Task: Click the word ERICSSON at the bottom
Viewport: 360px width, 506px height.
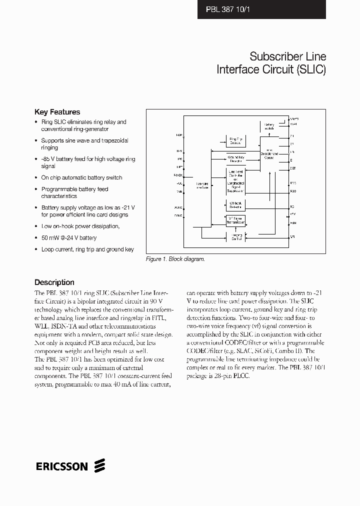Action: (62, 466)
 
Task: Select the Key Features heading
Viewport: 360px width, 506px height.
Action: (57, 112)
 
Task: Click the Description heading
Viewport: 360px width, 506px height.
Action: (54, 282)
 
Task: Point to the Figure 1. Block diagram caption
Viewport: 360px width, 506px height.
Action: (175, 259)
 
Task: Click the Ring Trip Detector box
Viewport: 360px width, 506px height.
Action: (235, 141)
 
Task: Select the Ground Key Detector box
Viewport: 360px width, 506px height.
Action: (235, 158)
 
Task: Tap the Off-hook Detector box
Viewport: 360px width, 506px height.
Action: (235, 205)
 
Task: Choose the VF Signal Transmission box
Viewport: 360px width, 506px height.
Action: (235, 220)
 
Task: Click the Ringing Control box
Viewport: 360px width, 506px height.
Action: (235, 237)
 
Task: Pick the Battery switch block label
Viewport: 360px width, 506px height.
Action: (269, 126)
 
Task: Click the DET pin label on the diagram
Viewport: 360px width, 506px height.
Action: (293, 168)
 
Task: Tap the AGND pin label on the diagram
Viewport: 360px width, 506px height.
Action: (178, 206)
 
